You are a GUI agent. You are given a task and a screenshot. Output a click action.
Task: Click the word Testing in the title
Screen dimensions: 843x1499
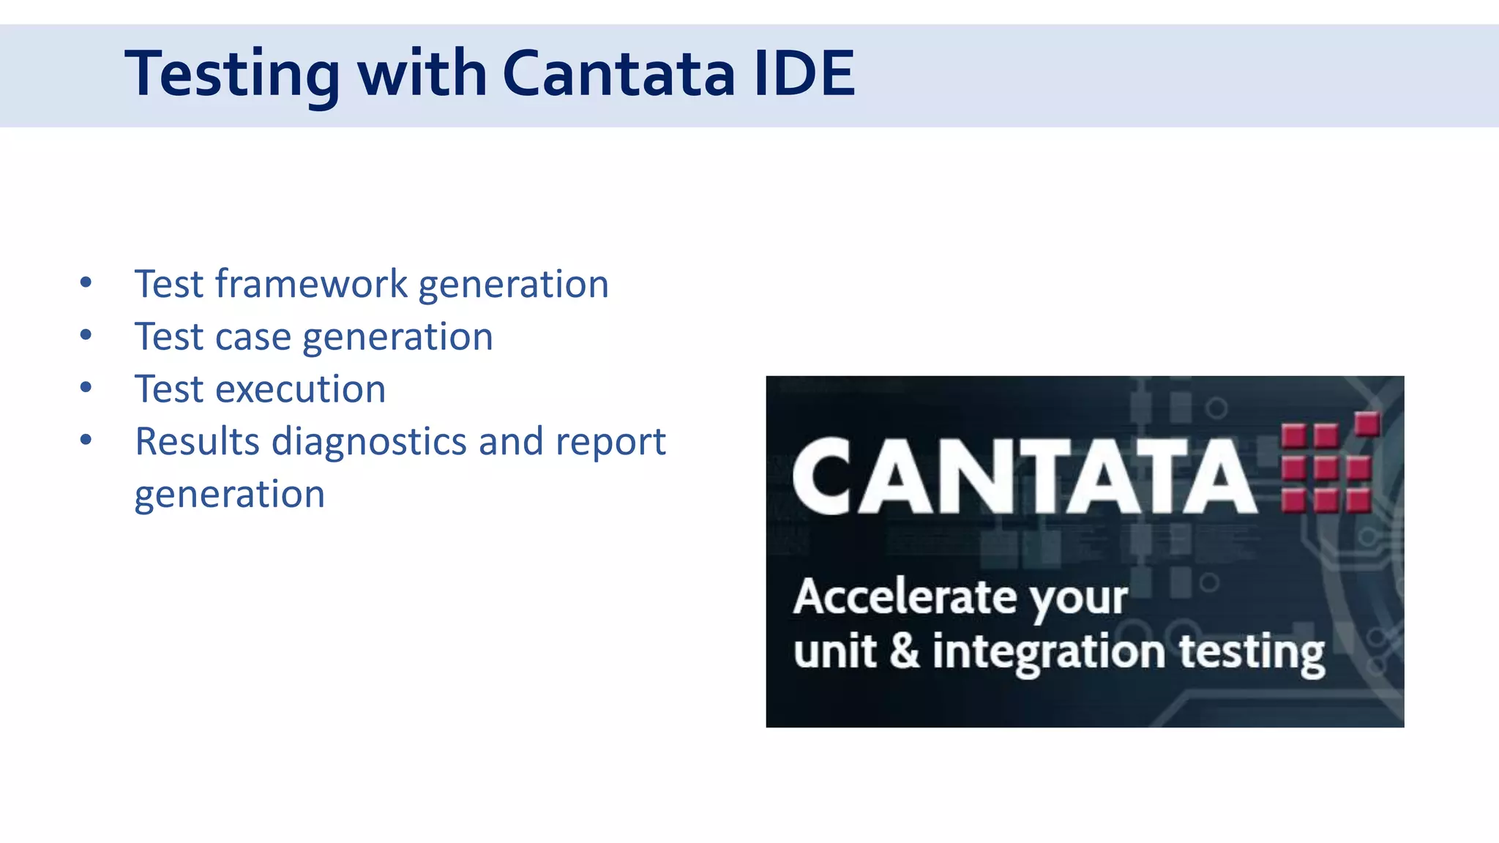point(232,74)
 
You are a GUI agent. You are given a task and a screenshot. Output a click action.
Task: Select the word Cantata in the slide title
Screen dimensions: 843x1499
point(618,73)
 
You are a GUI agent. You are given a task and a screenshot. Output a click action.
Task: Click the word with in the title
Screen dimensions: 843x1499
point(422,73)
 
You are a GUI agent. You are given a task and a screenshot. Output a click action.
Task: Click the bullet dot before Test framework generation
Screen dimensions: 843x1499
point(86,283)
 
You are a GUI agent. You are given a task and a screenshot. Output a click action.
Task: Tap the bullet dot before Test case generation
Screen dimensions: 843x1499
point(86,336)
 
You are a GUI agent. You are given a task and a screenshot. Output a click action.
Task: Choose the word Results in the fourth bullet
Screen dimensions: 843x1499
point(198,442)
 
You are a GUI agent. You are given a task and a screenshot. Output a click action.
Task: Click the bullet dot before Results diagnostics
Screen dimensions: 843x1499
point(86,441)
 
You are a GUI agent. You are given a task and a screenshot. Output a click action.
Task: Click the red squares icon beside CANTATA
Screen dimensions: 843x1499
point(1328,465)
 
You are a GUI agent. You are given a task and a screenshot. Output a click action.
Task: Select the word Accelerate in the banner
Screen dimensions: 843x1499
point(905,596)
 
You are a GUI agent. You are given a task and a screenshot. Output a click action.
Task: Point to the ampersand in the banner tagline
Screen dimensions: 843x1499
point(905,651)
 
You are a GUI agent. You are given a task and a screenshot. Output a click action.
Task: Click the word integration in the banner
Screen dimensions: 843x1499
point(1048,652)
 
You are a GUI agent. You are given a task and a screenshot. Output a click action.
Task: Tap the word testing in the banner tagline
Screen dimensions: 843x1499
point(1251,652)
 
